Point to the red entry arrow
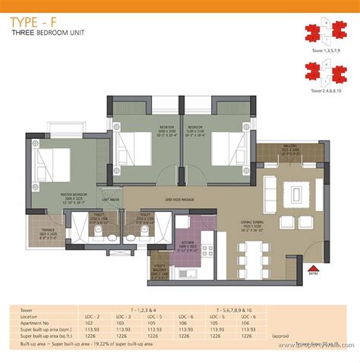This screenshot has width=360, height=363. coord(311,267)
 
